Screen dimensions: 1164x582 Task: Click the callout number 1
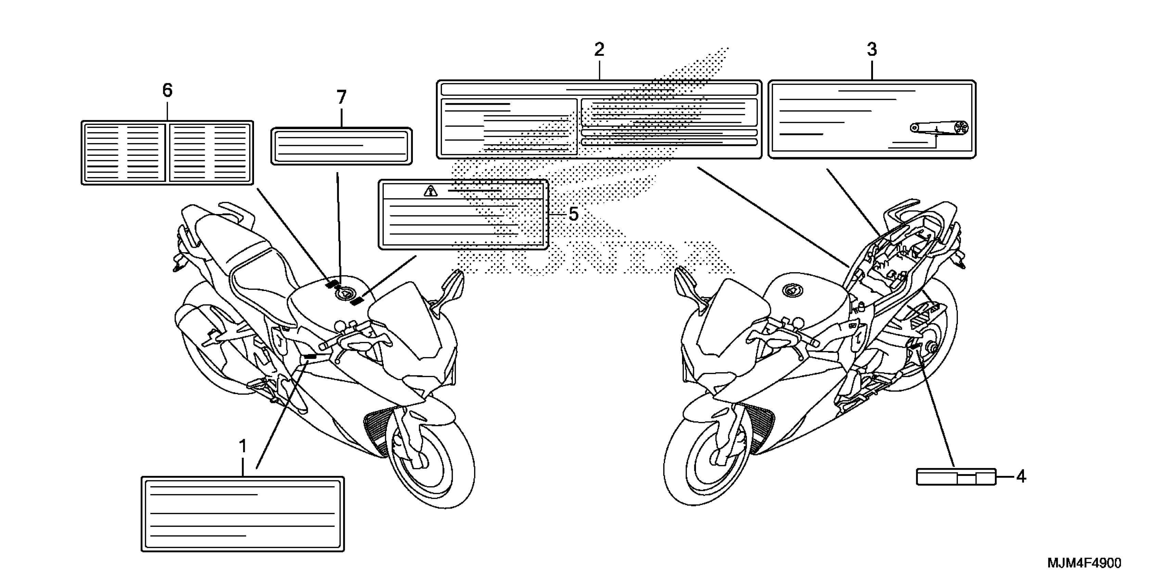[x=243, y=446]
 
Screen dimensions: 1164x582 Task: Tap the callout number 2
[x=599, y=49]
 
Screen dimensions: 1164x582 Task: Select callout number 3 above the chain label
[x=872, y=49]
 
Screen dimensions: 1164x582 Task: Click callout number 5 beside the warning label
[x=573, y=214]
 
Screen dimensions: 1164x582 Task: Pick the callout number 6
[x=167, y=91]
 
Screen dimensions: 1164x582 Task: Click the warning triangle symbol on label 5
[x=430, y=191]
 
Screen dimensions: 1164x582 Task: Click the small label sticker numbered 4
[x=956, y=477]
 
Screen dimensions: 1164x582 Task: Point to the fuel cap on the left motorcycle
[x=344, y=294]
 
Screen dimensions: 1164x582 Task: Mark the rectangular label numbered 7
[x=341, y=146]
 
